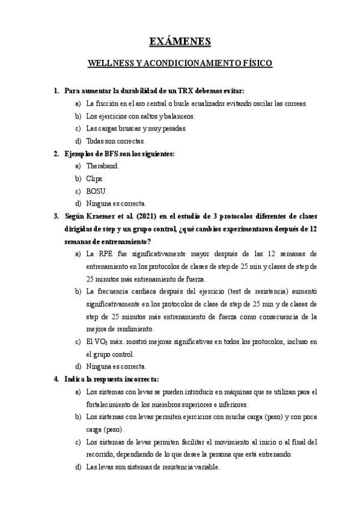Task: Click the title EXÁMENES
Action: coord(180,41)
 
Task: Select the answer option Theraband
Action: coord(103,166)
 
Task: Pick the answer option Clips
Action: coord(95,179)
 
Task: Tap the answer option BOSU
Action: coord(96,191)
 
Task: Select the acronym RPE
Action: coord(108,253)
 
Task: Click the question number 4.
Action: coord(56,379)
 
